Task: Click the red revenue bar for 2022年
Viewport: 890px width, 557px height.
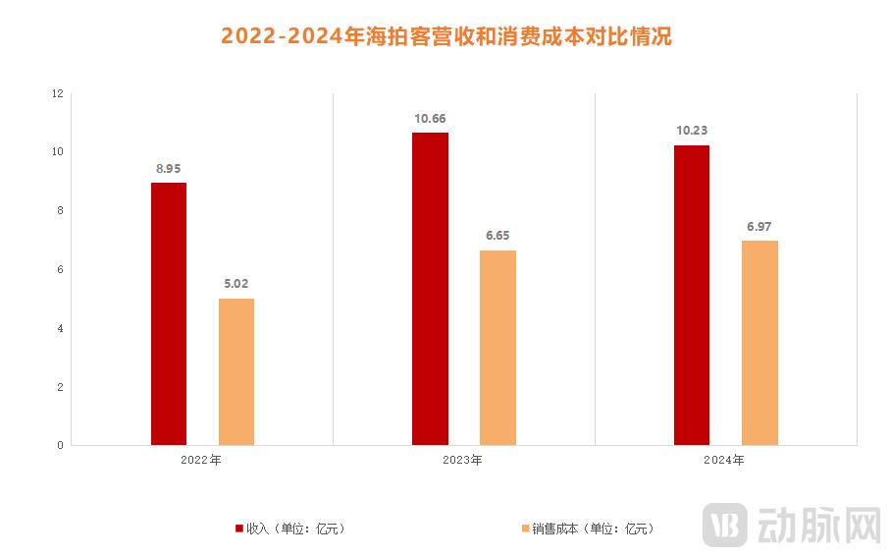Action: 169,313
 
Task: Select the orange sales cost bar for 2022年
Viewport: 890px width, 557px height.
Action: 236,371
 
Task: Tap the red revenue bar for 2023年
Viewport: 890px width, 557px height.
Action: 430,289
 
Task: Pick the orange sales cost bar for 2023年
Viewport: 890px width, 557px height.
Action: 497,348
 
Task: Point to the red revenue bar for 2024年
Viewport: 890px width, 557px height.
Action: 692,295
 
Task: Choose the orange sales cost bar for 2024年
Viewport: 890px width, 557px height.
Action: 759,343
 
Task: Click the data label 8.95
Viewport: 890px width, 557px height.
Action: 169,169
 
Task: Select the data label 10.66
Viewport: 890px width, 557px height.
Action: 430,119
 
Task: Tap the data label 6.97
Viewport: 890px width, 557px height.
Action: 759,227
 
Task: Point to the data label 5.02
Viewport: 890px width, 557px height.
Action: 236,285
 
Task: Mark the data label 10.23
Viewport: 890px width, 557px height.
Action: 692,132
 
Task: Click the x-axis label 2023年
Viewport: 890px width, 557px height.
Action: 463,460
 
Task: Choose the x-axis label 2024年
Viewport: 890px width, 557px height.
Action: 725,460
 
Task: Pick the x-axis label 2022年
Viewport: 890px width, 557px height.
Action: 202,460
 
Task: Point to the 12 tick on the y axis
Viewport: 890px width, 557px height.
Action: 57,94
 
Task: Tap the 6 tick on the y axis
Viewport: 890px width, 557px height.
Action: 60,269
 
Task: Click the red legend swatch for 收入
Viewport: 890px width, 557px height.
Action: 239,529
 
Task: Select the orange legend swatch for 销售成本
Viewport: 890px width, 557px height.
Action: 525,529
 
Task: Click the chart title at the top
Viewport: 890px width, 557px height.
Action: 445,36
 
